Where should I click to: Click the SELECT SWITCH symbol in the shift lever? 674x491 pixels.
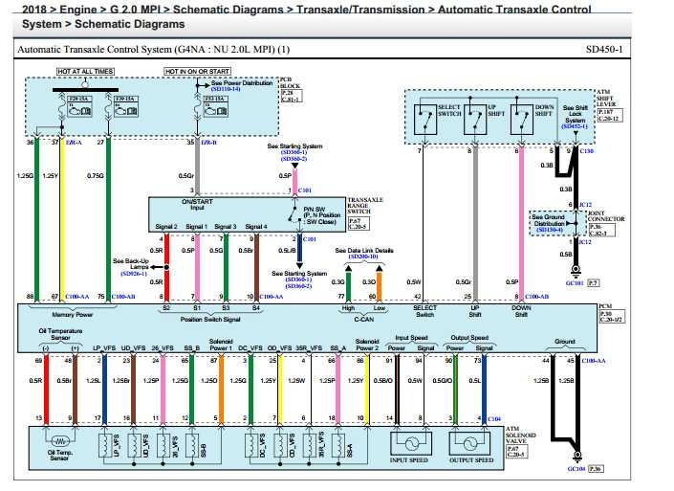coord(421,119)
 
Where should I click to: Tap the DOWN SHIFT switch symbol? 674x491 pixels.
coord(519,119)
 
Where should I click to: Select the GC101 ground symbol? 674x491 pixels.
coord(575,275)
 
